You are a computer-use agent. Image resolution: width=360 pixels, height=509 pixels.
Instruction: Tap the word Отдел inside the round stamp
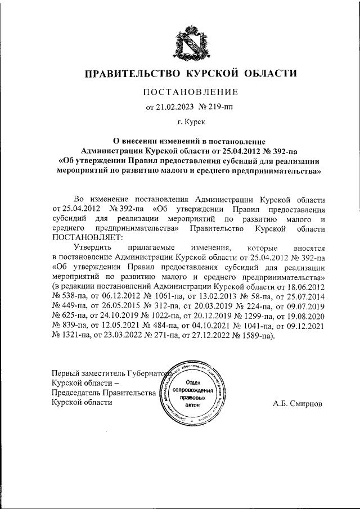[x=193, y=382]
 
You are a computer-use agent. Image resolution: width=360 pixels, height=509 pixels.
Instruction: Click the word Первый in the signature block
[x=65, y=373]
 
